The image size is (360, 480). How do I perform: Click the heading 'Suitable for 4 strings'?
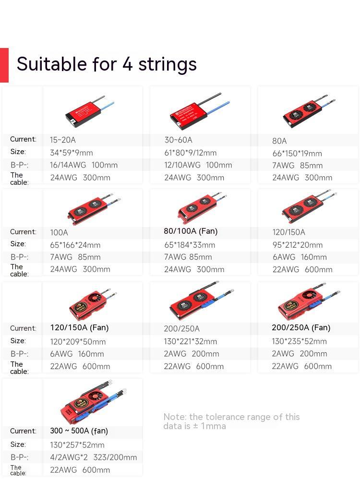coord(107,64)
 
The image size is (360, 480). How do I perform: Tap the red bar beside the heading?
coord(4,65)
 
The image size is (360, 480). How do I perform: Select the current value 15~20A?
coord(63,140)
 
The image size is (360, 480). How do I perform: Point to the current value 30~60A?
coord(178,140)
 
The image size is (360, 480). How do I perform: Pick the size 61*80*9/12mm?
coord(190,153)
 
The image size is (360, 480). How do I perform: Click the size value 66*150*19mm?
coord(297,153)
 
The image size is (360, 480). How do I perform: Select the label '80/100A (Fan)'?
coord(191,231)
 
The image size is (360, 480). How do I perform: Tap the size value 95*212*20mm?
coord(298,245)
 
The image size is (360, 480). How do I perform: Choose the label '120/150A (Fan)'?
coord(79,328)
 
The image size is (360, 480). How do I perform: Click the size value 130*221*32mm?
coord(191,341)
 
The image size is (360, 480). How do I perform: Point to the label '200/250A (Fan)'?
coord(301,328)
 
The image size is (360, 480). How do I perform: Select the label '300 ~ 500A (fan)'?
coord(79,431)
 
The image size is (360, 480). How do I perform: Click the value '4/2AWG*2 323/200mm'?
coord(94,457)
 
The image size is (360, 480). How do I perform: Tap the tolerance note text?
coord(231,421)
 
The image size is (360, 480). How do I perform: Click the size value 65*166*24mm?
coord(75,245)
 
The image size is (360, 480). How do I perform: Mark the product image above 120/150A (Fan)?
coord(91,303)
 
